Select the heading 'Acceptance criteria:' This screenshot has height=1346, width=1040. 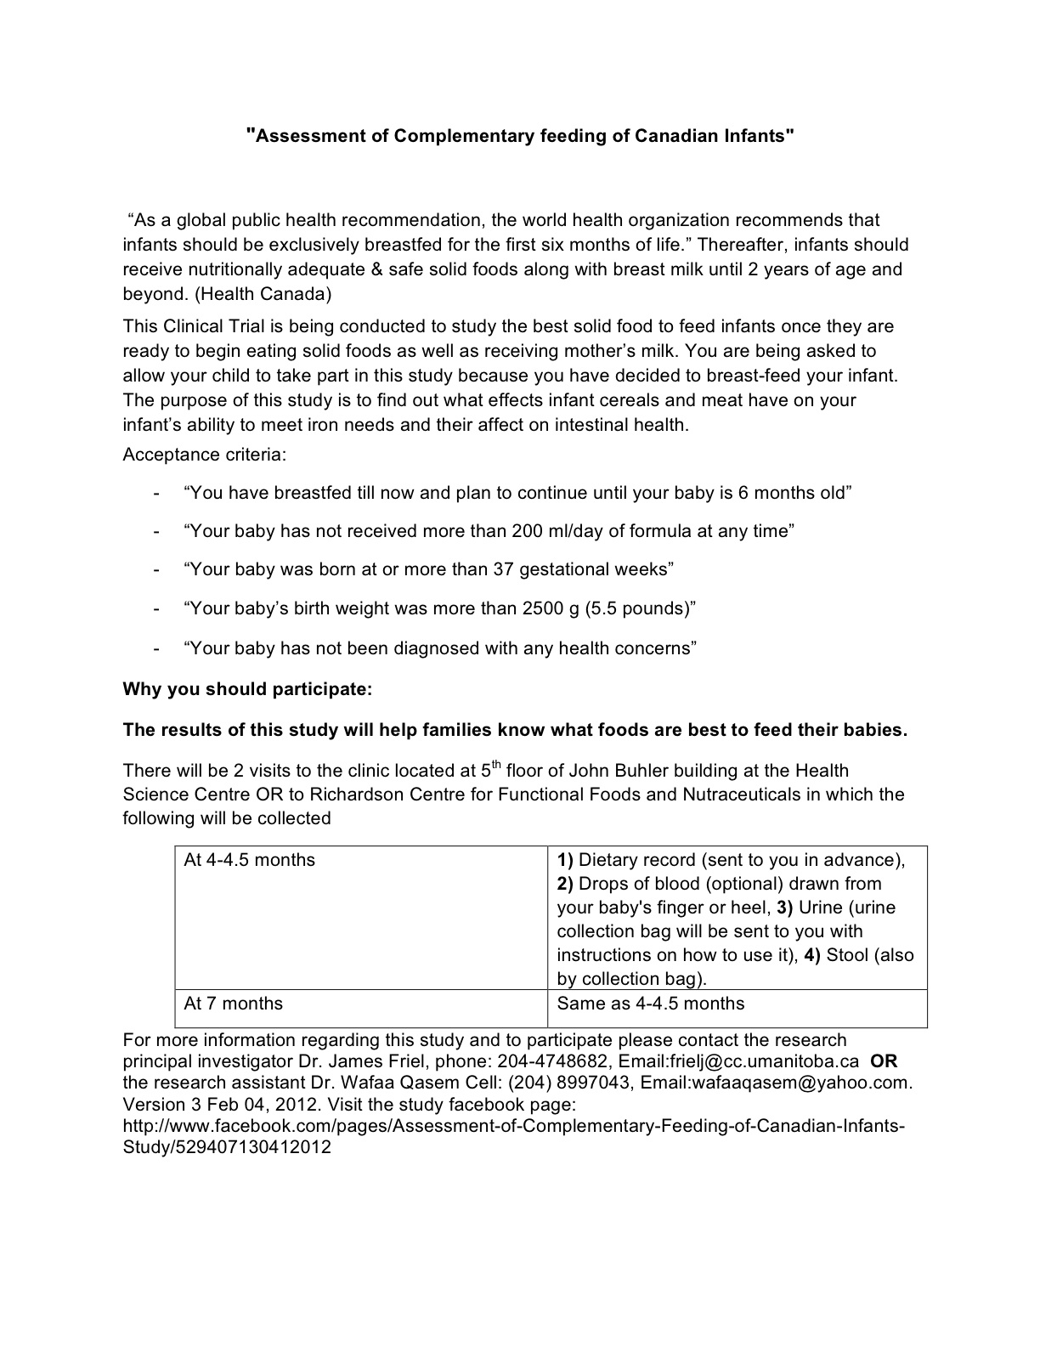(205, 455)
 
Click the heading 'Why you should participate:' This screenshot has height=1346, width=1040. (248, 689)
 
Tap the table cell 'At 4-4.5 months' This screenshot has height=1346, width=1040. (250, 860)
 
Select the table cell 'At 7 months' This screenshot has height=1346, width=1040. (234, 1004)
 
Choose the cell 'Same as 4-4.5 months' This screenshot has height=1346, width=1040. (651, 1004)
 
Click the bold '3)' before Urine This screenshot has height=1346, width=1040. (784, 908)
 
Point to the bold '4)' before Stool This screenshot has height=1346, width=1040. (812, 955)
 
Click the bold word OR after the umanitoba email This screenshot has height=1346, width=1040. (884, 1061)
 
